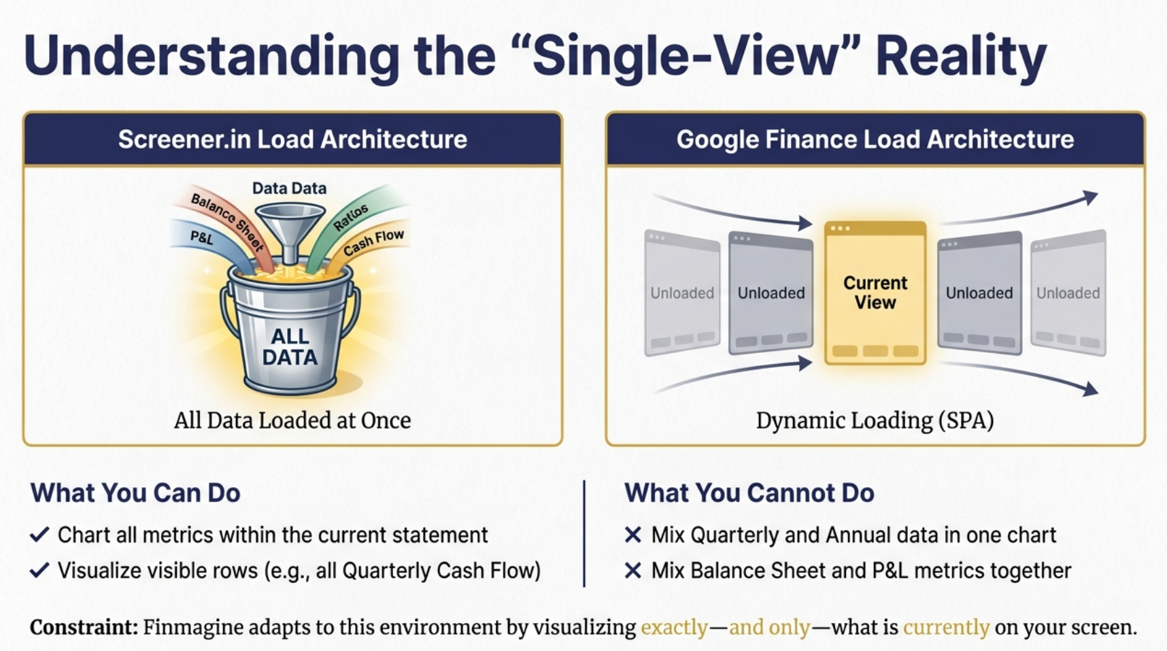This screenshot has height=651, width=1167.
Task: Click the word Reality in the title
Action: pyautogui.click(x=960, y=57)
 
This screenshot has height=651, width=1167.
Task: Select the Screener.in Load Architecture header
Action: pyautogui.click(x=292, y=139)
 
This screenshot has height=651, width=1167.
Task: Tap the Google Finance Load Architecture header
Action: pyautogui.click(x=875, y=139)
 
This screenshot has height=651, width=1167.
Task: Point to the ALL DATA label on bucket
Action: pyautogui.click(x=290, y=347)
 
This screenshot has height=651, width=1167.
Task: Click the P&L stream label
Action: pyautogui.click(x=201, y=237)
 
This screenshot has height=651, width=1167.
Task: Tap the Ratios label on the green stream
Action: pyautogui.click(x=351, y=218)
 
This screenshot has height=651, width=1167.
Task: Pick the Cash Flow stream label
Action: pyautogui.click(x=373, y=243)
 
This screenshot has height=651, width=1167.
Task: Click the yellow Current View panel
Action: pyautogui.click(x=875, y=293)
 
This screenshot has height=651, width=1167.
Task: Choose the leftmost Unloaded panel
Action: pyautogui.click(x=682, y=293)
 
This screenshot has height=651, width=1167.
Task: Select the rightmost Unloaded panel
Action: pyautogui.click(x=1068, y=293)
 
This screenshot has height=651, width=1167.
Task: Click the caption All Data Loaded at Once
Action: pyautogui.click(x=292, y=420)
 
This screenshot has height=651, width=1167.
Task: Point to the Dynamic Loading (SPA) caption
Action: pyautogui.click(x=875, y=420)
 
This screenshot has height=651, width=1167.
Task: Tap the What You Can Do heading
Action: pyautogui.click(x=135, y=493)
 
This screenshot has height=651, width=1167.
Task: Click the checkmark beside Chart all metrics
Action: pyautogui.click(x=39, y=535)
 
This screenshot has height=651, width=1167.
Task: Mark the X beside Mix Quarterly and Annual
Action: pyautogui.click(x=633, y=535)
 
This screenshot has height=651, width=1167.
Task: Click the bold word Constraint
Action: pyautogui.click(x=84, y=627)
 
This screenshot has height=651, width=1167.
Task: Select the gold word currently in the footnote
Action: pyautogui.click(x=946, y=627)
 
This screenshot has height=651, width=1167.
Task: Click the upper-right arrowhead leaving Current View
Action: pyautogui.click(x=1090, y=198)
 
